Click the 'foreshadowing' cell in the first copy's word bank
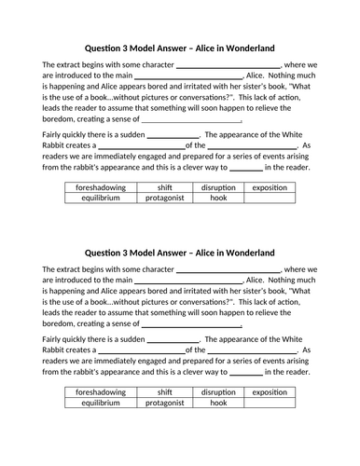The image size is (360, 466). click(98, 187)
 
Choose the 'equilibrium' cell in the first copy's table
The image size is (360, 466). click(98, 198)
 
